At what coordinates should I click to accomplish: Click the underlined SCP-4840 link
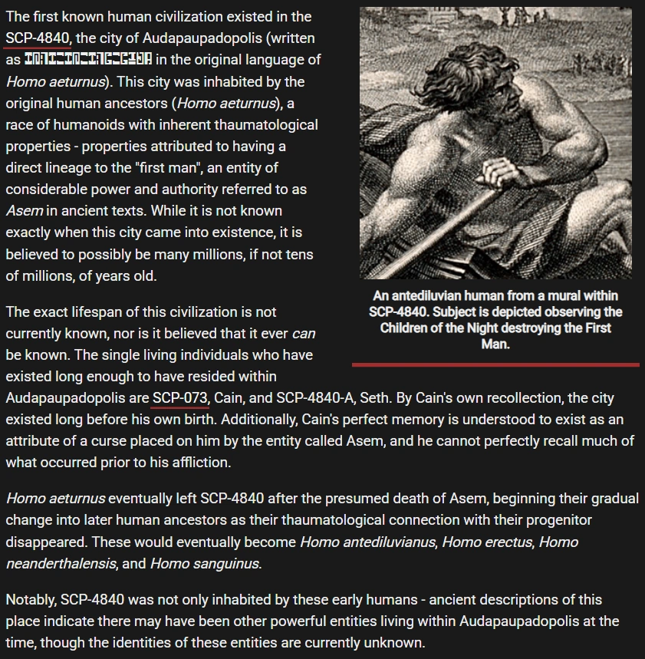[38, 38]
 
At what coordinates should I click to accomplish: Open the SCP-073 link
[180, 398]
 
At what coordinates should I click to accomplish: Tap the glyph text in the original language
[88, 59]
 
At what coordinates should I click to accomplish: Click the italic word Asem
[25, 210]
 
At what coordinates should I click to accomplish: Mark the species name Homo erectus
[486, 542]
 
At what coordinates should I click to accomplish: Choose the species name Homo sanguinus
[205, 564]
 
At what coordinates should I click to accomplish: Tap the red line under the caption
[495, 364]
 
